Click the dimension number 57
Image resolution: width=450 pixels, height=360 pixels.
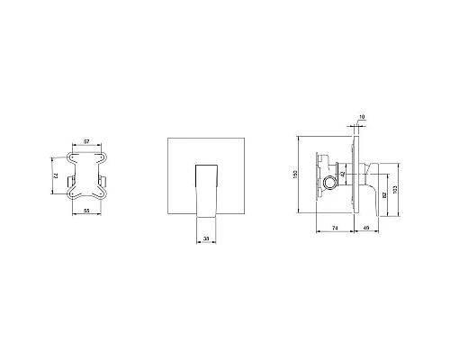86,142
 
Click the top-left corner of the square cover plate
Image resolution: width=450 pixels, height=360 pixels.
167,138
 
